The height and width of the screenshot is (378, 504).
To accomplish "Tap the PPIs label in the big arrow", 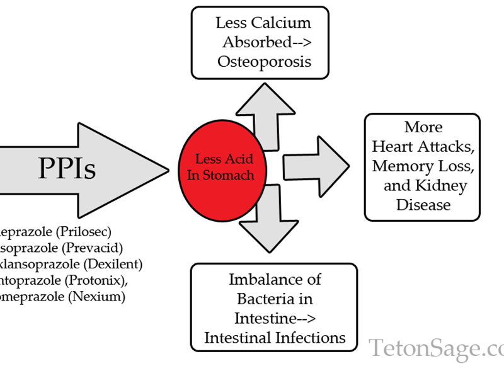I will (x=67, y=168).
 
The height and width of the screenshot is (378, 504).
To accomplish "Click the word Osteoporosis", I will (x=264, y=61).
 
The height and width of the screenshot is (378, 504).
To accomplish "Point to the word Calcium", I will (x=282, y=23).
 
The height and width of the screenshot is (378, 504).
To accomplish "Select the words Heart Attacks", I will (x=422, y=146).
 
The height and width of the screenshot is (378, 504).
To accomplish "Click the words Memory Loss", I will (x=422, y=166).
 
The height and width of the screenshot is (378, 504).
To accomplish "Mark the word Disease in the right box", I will (x=423, y=205).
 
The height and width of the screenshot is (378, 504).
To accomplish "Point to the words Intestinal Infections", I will (x=275, y=337).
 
